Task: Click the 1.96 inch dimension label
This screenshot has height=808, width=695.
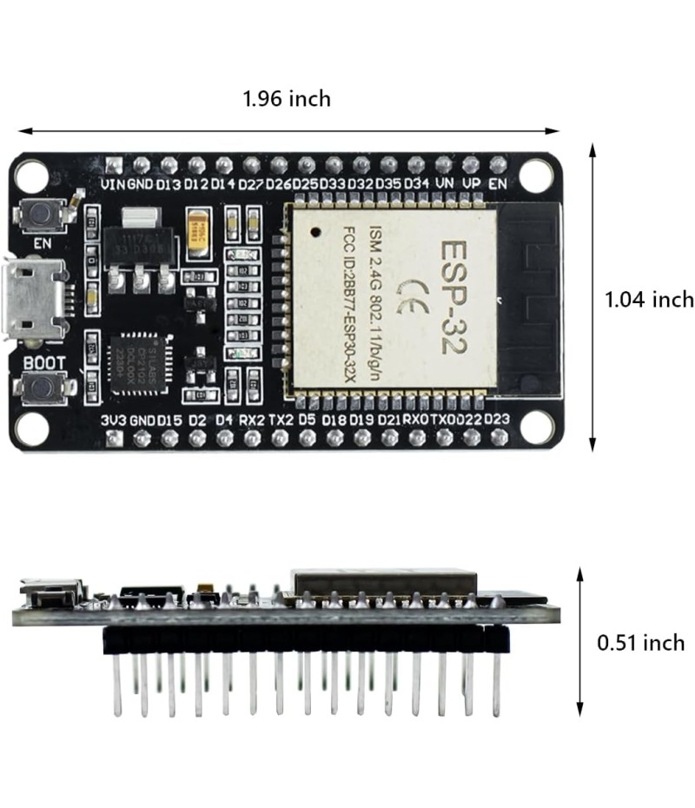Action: pos(287,99)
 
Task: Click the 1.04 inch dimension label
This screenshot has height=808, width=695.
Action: pos(649,300)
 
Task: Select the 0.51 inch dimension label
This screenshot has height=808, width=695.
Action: pos(640,643)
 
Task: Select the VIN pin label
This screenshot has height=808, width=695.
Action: pos(113,184)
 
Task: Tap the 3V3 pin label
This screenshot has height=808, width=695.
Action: pos(114,420)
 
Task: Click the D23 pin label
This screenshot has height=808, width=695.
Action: pos(496,420)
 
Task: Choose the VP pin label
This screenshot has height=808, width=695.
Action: pos(471,184)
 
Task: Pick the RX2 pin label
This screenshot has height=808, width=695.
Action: pos(252,420)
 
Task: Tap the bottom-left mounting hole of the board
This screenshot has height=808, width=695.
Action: pos(34,427)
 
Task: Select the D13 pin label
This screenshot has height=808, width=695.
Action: pos(169,184)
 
